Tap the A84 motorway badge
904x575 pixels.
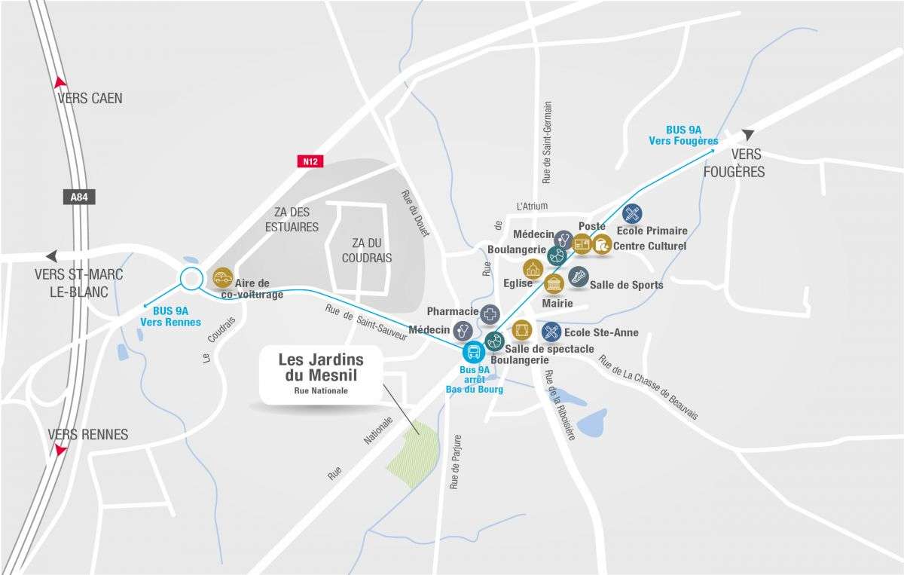click(78, 197)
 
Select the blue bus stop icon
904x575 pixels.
click(474, 351)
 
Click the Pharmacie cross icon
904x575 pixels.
click(490, 314)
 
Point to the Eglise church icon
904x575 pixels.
click(533, 270)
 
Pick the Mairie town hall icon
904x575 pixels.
click(554, 284)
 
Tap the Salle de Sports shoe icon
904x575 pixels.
click(578, 277)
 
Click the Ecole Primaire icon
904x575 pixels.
click(633, 213)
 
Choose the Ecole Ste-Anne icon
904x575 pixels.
click(551, 332)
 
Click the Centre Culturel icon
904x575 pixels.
click(602, 243)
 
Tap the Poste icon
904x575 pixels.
click(582, 243)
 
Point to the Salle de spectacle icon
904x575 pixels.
click(521, 329)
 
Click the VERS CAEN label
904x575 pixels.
click(90, 98)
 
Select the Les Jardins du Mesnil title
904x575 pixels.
click(321, 367)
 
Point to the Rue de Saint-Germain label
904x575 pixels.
click(547, 142)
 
